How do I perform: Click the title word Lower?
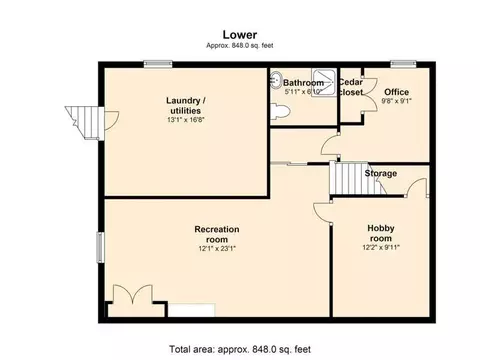tap(240, 35)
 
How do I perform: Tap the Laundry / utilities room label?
tap(186, 105)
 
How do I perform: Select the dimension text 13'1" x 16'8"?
tap(186, 120)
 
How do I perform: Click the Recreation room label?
tap(217, 234)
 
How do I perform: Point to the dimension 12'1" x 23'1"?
tap(217, 248)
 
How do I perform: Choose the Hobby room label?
tap(381, 233)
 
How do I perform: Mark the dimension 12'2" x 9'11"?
tap(381, 247)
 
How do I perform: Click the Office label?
tap(396, 92)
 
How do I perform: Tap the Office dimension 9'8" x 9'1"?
tap(396, 101)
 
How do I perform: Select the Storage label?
tap(381, 173)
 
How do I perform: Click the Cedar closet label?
tap(351, 87)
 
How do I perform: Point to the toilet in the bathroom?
tap(280, 111)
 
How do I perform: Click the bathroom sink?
tap(275, 80)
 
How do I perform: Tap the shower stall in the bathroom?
tap(324, 83)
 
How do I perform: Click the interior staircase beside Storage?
tap(357, 178)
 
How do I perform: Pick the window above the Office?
tap(403, 64)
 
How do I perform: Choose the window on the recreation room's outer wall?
tap(100, 247)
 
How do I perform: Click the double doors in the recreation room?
tap(133, 295)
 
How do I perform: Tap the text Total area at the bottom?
tap(192, 349)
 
